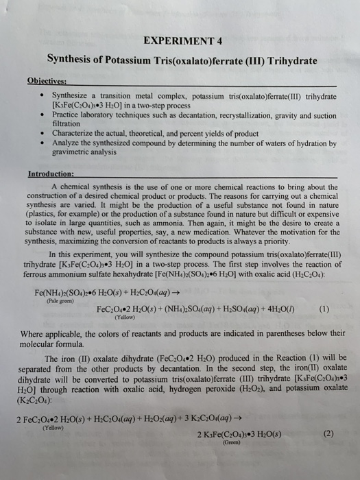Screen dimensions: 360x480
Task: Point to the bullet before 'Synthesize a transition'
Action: pyautogui.click(x=44, y=94)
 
